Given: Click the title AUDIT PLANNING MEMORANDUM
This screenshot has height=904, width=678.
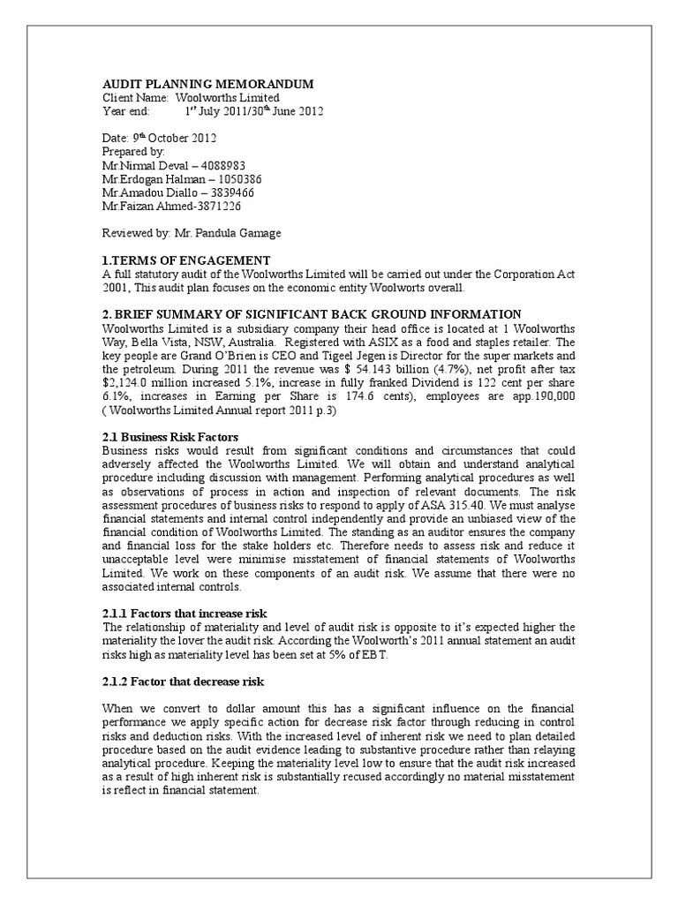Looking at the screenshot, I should (207, 84).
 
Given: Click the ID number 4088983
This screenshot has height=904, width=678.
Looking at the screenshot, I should (221, 165).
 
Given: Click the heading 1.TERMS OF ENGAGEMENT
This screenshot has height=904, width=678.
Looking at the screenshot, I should (186, 260).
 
